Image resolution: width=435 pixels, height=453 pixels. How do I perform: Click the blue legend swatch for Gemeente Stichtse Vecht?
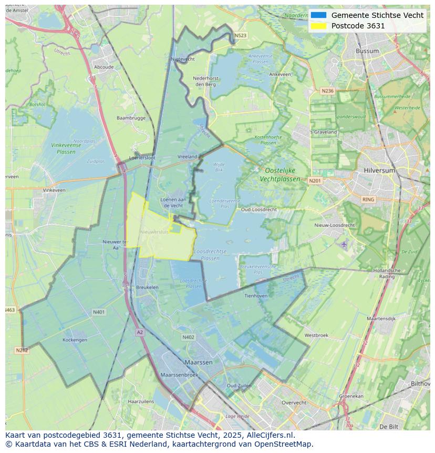(318, 15)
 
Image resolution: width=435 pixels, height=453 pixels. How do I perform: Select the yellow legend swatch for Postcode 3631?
(318, 26)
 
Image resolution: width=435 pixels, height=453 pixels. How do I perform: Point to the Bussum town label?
(367, 51)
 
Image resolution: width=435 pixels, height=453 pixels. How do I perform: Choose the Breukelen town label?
(147, 287)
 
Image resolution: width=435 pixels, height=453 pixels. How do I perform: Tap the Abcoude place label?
(103, 67)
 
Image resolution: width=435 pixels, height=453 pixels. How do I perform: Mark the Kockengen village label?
(75, 340)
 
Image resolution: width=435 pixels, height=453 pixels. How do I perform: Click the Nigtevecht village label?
(183, 59)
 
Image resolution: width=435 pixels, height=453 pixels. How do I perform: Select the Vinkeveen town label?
(54, 190)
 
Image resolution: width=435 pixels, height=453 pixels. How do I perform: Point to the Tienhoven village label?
(256, 296)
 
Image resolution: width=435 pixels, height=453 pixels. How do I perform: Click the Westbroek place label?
(316, 335)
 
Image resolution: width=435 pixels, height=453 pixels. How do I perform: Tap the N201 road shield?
(315, 181)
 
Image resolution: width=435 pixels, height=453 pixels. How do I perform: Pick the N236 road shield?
(327, 91)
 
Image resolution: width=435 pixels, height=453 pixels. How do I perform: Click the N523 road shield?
(240, 36)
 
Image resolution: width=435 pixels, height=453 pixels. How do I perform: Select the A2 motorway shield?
(139, 332)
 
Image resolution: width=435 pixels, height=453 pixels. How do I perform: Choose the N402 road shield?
(188, 337)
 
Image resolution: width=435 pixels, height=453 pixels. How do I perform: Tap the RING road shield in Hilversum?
(368, 199)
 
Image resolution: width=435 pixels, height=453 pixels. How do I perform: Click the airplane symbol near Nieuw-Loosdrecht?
(344, 244)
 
